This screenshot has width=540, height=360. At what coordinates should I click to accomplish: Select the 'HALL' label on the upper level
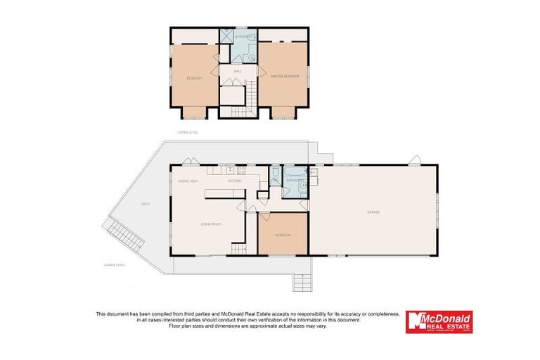click(239, 70)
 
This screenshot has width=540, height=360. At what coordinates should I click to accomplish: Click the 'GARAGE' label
click(373, 212)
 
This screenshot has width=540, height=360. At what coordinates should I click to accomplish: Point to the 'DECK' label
click(146, 204)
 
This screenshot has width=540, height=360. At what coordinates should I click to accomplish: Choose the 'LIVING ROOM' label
click(211, 224)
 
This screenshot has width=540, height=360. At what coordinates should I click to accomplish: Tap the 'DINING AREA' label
click(187, 181)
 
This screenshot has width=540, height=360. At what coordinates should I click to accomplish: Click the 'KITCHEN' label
click(234, 181)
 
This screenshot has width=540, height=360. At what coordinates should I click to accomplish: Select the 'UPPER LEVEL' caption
click(188, 132)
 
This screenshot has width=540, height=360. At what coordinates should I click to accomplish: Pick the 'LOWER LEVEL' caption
click(114, 265)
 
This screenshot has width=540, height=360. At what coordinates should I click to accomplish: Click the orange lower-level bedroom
click(283, 233)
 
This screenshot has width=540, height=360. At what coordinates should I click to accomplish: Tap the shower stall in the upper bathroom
click(226, 37)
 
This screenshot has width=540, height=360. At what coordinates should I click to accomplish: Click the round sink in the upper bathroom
click(252, 56)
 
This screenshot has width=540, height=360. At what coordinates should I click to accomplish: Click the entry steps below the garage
click(302, 282)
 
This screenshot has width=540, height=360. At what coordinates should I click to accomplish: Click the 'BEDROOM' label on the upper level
click(195, 78)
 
